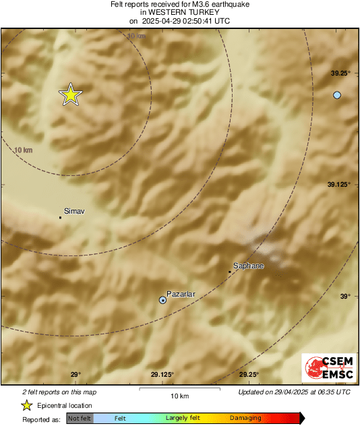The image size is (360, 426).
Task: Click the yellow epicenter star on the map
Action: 70,95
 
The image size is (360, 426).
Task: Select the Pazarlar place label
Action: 181,294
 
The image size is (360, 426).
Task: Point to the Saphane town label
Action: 249,266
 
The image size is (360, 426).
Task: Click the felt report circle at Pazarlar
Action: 162,300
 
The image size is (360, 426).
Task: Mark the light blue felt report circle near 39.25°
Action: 337,95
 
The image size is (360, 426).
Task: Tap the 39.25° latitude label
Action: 339,73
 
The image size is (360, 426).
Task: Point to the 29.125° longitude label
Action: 162,375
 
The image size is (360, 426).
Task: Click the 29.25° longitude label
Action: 249,375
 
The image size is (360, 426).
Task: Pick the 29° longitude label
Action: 76,375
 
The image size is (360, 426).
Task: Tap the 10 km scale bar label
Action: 179,395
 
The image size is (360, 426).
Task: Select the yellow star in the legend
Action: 26,405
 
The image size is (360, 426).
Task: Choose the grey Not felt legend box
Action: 80,419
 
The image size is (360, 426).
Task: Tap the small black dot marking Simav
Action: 60,217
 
